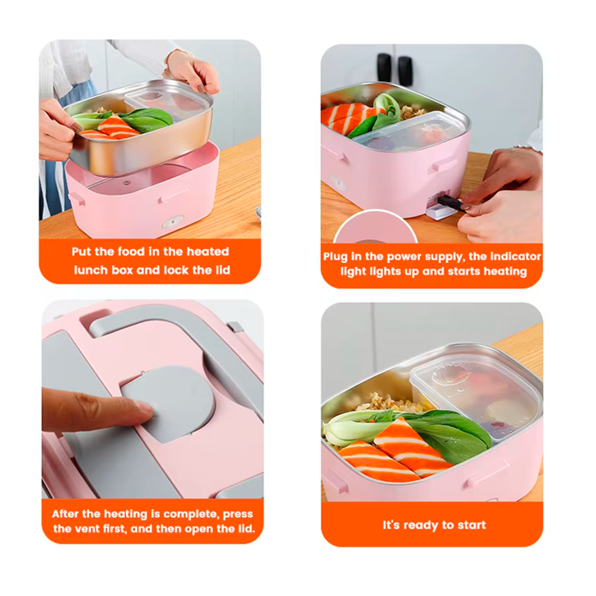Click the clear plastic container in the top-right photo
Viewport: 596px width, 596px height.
(x=411, y=132)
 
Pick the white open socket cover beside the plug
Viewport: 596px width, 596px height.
(x=441, y=213)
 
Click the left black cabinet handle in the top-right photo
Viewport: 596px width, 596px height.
(x=384, y=67)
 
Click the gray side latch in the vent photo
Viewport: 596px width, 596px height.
(x=236, y=327)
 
